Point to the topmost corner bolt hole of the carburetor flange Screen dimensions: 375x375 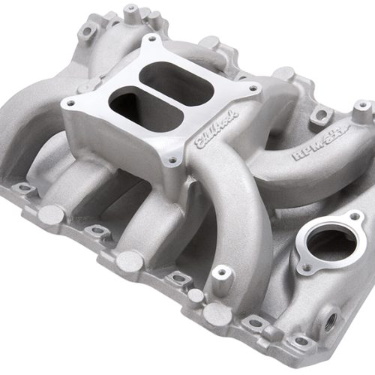153,38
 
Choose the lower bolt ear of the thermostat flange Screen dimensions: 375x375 304,267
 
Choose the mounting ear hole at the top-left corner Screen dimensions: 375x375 86,32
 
